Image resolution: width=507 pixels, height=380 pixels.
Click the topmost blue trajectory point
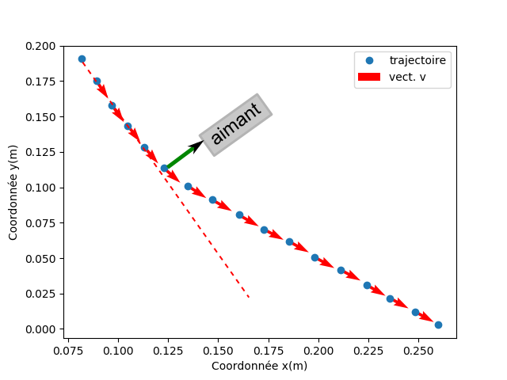pyautogui.click(x=82, y=59)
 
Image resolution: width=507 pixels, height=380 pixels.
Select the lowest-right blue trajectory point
pyautogui.click(x=438, y=325)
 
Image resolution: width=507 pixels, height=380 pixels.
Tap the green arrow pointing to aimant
pyautogui.click(x=181, y=157)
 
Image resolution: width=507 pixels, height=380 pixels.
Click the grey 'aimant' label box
pyautogui.click(x=236, y=124)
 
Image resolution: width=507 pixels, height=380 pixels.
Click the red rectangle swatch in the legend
pyautogui.click(x=369, y=77)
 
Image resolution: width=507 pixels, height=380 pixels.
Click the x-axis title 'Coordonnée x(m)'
pyautogui.click(x=259, y=366)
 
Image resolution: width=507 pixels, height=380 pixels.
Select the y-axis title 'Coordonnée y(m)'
pyautogui.click(x=13, y=192)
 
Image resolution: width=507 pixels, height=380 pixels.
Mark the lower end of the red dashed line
pyautogui.click(x=250, y=298)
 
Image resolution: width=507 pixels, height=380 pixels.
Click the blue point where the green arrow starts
pyautogui.click(x=165, y=168)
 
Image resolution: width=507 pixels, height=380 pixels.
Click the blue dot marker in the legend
pyautogui.click(x=369, y=60)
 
